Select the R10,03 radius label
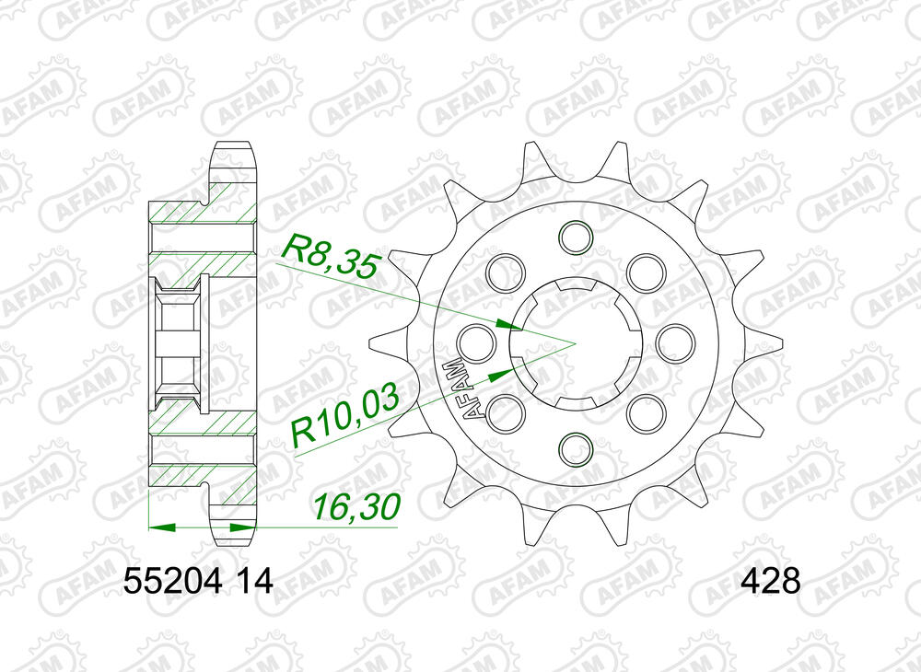click(344, 419)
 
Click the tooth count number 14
click(253, 583)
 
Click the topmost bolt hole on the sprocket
click(575, 235)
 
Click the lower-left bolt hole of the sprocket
click(505, 411)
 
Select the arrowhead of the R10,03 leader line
click(498, 374)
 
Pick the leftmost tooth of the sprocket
click(376, 342)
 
